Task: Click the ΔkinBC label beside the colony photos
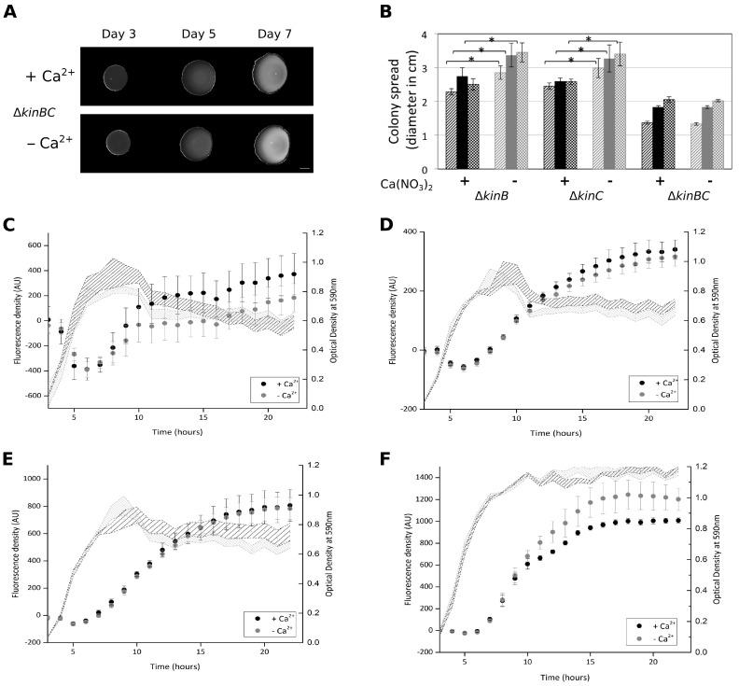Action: (x=33, y=111)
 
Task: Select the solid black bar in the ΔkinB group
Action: (x=463, y=122)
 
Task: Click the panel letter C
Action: (x=10, y=227)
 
